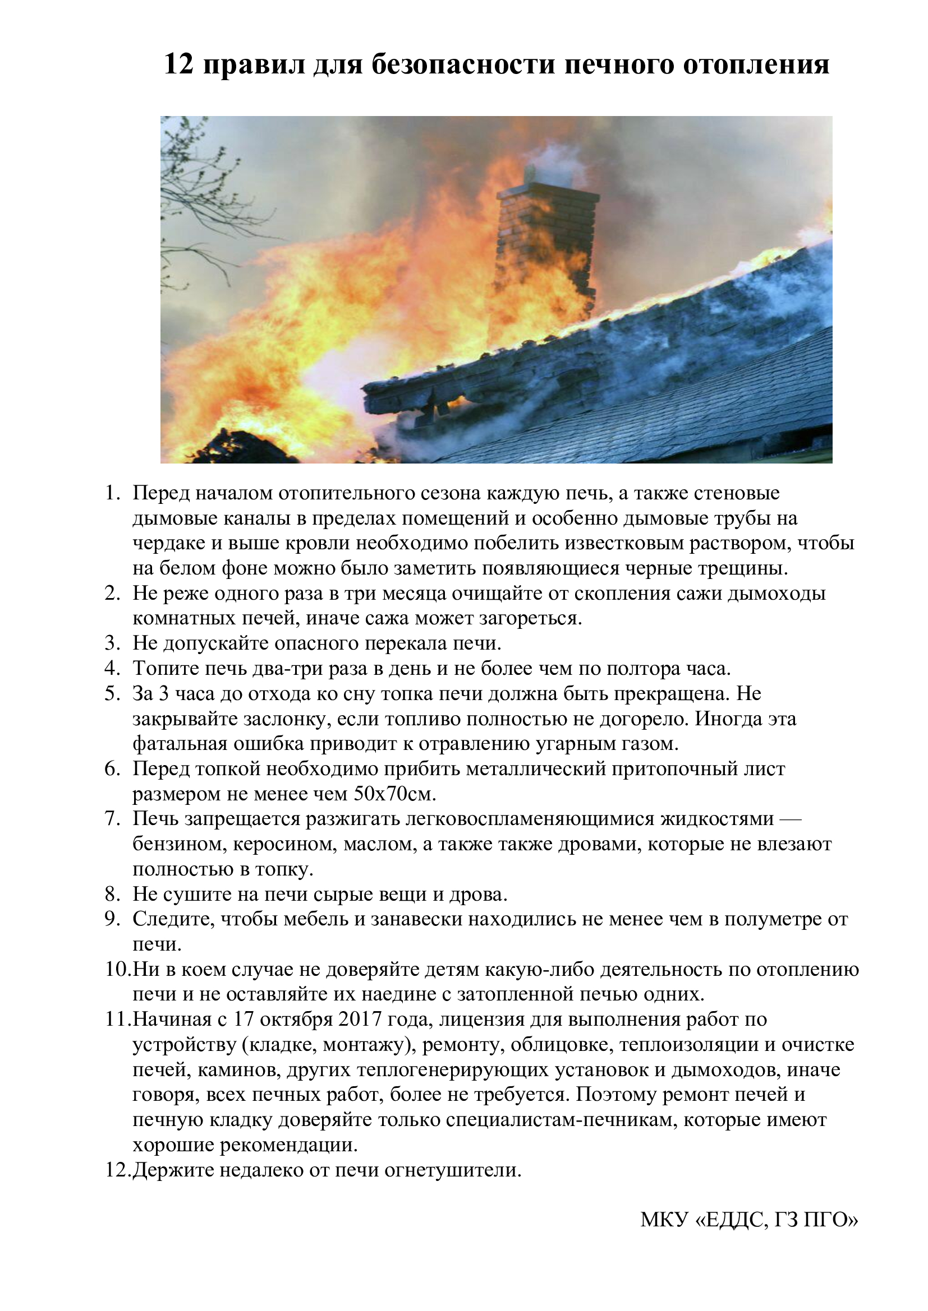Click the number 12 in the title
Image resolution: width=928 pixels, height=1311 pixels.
coord(180,64)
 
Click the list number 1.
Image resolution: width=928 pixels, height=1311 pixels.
coord(113,493)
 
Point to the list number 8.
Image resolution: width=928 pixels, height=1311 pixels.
coord(113,894)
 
